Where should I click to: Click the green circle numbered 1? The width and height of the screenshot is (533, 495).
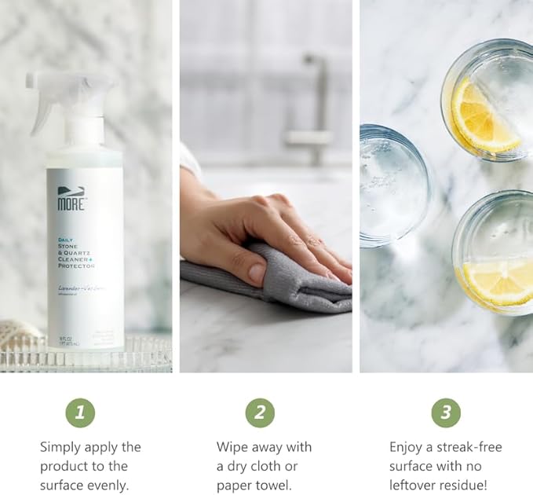[79, 412]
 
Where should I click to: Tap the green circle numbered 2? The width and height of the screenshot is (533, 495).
[260, 412]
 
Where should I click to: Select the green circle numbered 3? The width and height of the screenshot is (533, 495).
[446, 412]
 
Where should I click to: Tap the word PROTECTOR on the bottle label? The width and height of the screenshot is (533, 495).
[76, 266]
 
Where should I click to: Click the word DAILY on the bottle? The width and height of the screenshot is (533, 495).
[65, 239]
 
